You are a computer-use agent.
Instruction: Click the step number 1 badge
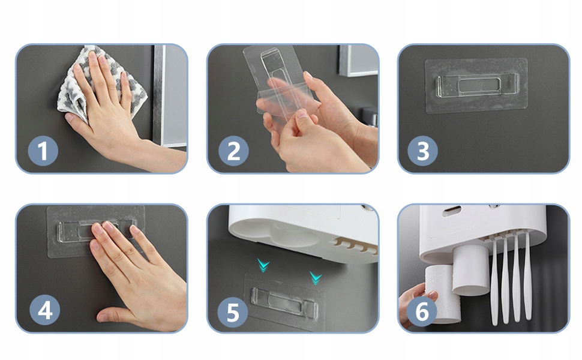[x=43, y=151]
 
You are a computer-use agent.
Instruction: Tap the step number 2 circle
[x=233, y=151]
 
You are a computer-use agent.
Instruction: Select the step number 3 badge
[x=423, y=151]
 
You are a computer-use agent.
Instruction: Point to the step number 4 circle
[x=44, y=310]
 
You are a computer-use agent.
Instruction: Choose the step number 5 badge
[x=232, y=312]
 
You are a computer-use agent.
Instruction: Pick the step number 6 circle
[x=422, y=311]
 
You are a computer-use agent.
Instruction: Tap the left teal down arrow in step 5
[x=263, y=265]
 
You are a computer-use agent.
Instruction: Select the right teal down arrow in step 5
[x=316, y=277]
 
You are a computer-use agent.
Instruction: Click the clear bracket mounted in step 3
[x=478, y=85]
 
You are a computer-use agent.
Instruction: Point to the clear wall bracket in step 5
[x=284, y=302]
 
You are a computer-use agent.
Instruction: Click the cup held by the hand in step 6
[x=443, y=293]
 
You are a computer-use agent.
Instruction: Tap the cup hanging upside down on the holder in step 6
[x=470, y=269]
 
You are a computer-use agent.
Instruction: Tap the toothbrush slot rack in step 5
[x=355, y=245]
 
